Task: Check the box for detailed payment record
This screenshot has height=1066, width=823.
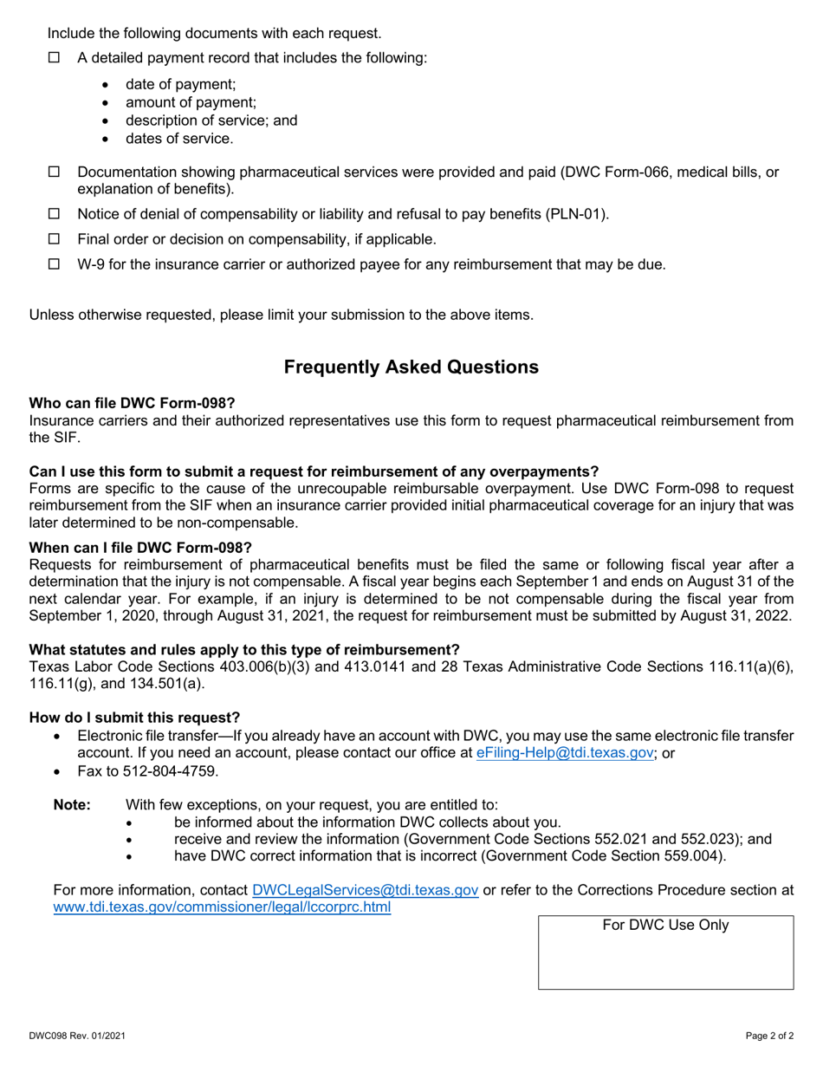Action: click(x=54, y=58)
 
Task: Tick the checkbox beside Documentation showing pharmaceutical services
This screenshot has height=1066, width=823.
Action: click(x=54, y=172)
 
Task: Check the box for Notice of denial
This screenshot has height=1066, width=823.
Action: click(x=54, y=214)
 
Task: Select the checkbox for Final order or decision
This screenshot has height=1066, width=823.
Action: click(x=54, y=239)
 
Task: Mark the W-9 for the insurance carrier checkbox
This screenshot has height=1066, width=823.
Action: click(x=54, y=264)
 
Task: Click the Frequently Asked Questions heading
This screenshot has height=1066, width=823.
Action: click(x=411, y=367)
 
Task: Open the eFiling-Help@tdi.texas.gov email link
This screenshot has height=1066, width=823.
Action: click(x=565, y=753)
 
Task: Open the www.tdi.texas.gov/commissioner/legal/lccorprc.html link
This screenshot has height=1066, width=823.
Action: click(x=222, y=907)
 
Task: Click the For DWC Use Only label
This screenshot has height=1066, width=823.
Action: click(x=665, y=926)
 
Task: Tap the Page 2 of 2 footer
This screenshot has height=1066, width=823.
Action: click(x=769, y=1036)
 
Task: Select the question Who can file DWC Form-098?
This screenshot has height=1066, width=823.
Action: click(x=132, y=403)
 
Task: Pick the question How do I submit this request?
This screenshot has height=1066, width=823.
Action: click(x=134, y=718)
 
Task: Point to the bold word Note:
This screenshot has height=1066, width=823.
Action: click(x=72, y=805)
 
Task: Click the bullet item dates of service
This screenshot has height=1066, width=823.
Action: click(x=178, y=139)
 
